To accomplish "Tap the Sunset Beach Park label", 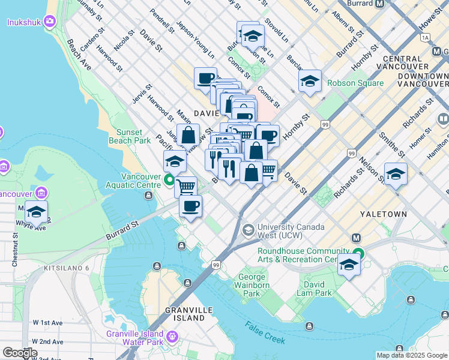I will coord(125,136).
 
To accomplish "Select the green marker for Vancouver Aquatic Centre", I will coord(170,179).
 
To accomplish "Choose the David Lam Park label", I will coord(317,289).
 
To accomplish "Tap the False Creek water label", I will coord(264,332).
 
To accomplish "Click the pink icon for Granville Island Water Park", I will coord(173,337).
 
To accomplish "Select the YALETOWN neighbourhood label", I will coord(383,214).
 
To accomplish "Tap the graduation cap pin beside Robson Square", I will coord(310,81).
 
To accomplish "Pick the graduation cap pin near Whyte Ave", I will coord(36,212).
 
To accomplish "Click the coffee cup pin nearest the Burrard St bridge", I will coord(190,206).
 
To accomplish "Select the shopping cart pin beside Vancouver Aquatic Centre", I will coord(186,187).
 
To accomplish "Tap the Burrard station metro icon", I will coord(380,4).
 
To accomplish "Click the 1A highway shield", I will coord(426,37).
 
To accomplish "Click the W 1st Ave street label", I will coord(48,322).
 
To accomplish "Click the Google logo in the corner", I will coord(20,353).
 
